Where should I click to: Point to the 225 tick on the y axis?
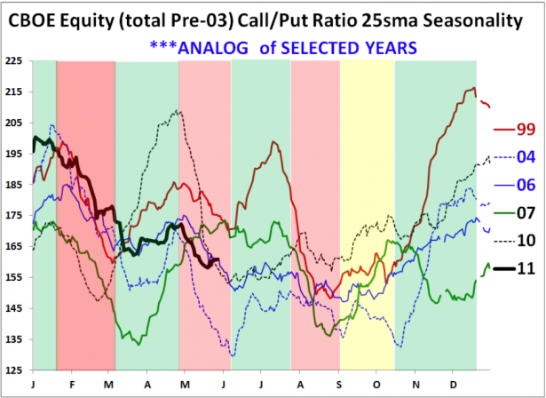click(14, 62)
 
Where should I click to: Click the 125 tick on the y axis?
click(14, 370)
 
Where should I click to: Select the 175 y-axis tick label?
click(14, 216)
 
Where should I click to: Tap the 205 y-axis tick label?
click(14, 123)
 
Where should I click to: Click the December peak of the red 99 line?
click(472, 88)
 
